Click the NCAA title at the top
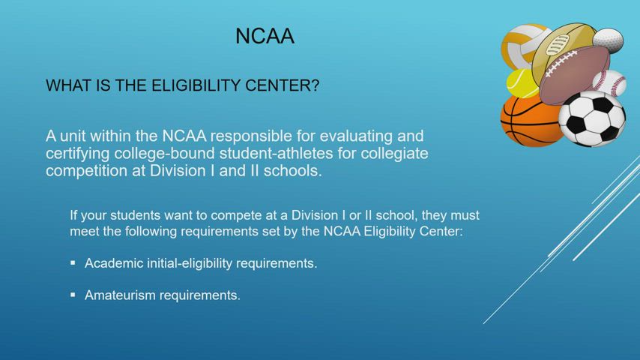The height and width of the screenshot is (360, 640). (x=265, y=36)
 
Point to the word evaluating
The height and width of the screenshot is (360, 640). (x=349, y=136)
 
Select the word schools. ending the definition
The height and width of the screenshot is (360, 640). (x=293, y=170)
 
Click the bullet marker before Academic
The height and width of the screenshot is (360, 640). (x=73, y=263)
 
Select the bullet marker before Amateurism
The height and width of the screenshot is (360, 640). (x=73, y=295)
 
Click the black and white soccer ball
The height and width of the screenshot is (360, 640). (x=592, y=119)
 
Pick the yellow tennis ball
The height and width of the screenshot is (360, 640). (x=522, y=84)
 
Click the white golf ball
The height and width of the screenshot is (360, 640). (x=609, y=39)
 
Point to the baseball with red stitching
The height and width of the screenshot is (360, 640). (x=611, y=82)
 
